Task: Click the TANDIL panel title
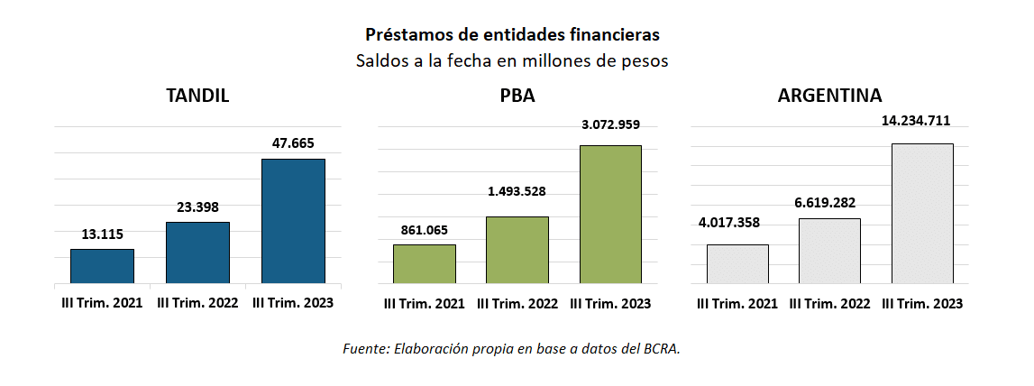[197, 96]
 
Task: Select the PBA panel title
[517, 96]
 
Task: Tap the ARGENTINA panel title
[829, 96]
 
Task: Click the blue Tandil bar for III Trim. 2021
[102, 266]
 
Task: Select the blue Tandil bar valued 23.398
[197, 253]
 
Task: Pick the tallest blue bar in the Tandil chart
[293, 221]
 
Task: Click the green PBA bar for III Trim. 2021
[424, 263]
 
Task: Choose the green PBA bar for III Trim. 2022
[517, 250]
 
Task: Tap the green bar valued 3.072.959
[610, 214]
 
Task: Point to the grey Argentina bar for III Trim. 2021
[737, 263]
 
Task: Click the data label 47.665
[293, 142]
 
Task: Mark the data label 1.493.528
[517, 191]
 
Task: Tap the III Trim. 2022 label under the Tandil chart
[197, 303]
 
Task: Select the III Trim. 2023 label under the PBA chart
[610, 303]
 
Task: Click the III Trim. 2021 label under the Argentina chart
[737, 303]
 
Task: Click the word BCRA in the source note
[660, 348]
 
